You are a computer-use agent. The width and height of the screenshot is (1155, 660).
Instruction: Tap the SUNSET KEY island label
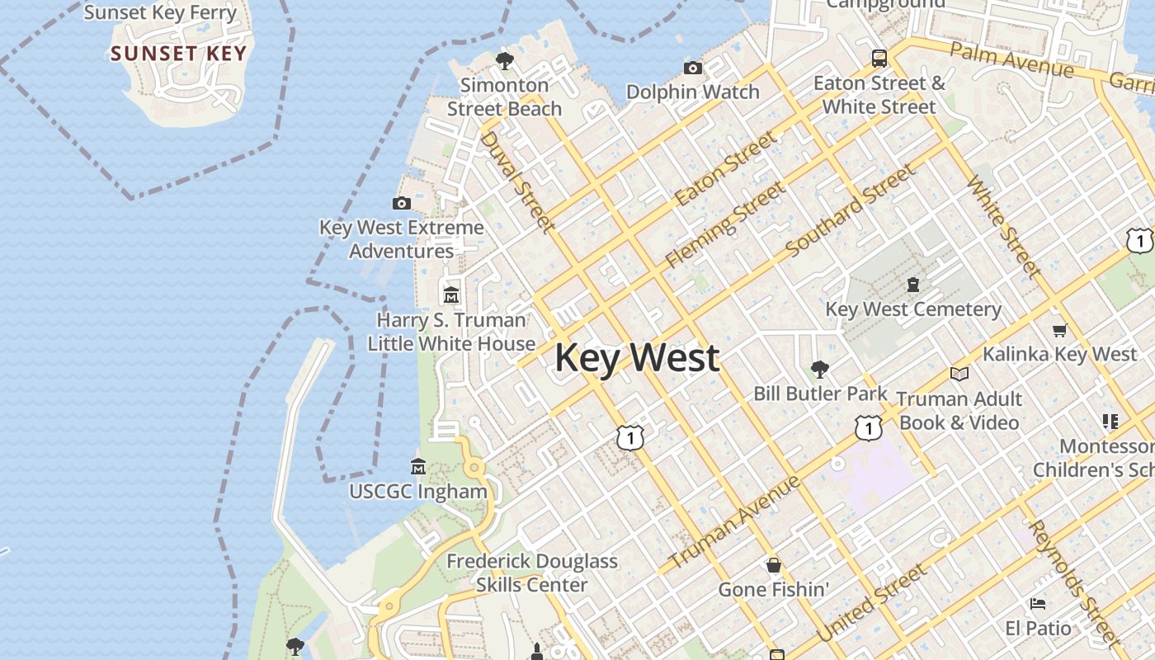(178, 54)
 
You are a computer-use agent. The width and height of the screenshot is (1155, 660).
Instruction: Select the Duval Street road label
(515, 181)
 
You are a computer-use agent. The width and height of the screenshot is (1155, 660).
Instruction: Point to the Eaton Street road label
(725, 168)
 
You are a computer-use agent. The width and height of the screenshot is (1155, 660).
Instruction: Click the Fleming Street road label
(725, 224)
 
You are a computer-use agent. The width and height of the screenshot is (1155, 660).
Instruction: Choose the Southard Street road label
(850, 210)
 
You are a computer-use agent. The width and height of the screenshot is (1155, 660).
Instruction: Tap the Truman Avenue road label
(733, 522)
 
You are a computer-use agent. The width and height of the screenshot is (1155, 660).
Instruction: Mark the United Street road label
(871, 604)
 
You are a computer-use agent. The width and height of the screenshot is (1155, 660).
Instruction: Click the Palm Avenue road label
(1011, 60)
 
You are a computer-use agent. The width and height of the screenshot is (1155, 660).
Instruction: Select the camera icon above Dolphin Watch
(693, 68)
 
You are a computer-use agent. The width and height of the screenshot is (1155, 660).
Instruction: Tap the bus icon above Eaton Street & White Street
(879, 59)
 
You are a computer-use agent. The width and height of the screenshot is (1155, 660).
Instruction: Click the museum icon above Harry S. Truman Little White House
(451, 295)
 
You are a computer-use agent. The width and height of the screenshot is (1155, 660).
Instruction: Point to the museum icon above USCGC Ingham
(418, 466)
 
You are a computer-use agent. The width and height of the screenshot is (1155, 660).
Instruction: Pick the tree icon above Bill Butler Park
(819, 369)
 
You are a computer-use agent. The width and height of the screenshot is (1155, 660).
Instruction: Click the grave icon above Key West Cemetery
(913, 285)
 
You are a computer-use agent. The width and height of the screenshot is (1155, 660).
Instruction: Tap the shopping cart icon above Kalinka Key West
(1059, 330)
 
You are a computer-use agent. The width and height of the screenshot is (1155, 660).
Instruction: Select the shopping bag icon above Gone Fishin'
(774, 565)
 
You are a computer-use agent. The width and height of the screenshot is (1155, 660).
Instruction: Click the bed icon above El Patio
(1038, 604)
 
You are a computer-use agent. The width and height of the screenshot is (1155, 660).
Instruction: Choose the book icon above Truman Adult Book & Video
(959, 375)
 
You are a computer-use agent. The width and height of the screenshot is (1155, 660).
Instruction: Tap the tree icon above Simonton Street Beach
(504, 60)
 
